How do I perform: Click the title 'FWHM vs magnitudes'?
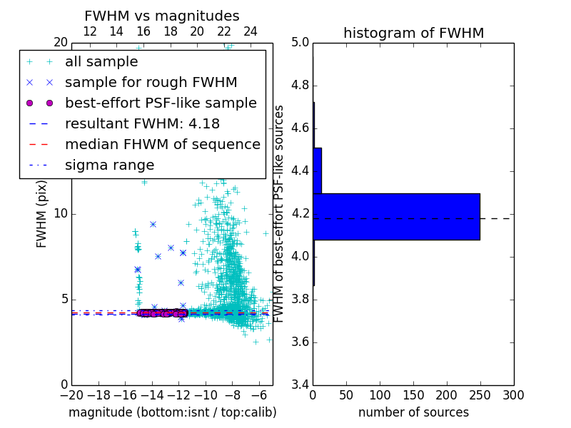(162, 16)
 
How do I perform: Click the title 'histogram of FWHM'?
(413, 33)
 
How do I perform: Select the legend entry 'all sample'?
(101, 62)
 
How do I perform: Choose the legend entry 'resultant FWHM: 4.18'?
(142, 123)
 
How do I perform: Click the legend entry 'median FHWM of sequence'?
(162, 144)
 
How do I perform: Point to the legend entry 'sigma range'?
(109, 165)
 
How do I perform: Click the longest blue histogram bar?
(396, 217)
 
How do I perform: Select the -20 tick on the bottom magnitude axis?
(71, 394)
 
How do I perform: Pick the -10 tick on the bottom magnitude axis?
(206, 394)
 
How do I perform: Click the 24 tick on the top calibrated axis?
(251, 31)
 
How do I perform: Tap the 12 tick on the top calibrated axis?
(90, 31)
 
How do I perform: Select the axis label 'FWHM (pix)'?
(42, 215)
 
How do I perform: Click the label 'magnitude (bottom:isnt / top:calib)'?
(172, 412)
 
